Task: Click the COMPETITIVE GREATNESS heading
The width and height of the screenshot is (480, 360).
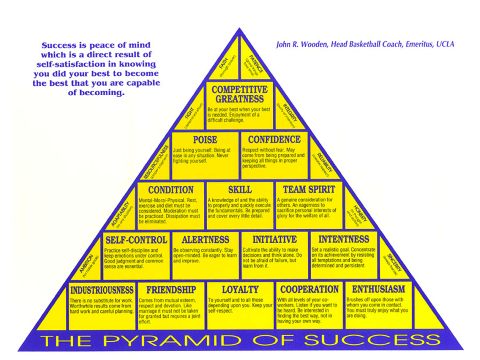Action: click(x=240, y=94)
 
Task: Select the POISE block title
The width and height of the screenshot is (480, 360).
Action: click(x=205, y=140)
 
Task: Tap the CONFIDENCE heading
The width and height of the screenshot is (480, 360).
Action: click(x=274, y=140)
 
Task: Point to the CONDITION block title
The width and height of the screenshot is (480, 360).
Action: click(x=171, y=190)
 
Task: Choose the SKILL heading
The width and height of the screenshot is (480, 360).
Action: click(x=240, y=190)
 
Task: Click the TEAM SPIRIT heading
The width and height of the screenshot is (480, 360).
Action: click(x=309, y=190)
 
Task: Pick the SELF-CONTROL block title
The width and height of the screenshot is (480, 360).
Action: click(x=136, y=240)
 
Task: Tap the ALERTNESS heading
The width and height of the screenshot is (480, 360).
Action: click(x=205, y=240)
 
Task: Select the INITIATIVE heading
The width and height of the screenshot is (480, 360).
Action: click(x=275, y=240)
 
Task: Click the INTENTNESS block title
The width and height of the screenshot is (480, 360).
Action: click(x=344, y=240)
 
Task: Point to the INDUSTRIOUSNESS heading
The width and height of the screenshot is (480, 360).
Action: click(x=102, y=290)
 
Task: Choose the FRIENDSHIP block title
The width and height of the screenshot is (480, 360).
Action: click(x=171, y=290)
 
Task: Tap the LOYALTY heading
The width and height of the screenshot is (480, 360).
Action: click(x=240, y=290)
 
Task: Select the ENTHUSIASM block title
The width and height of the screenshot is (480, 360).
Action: click(x=378, y=290)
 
